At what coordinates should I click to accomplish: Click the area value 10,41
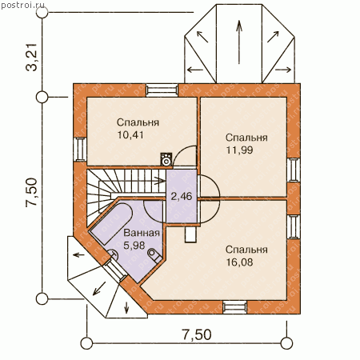(x=130, y=135)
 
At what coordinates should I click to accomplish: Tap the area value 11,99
(x=239, y=150)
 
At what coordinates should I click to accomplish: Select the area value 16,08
(x=239, y=262)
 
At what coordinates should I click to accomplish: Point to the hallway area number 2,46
(x=182, y=197)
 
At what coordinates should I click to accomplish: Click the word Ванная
(x=142, y=233)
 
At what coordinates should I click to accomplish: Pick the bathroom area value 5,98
(x=134, y=246)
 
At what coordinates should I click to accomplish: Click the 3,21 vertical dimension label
(x=32, y=57)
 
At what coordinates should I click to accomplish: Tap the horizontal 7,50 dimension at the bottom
(x=197, y=334)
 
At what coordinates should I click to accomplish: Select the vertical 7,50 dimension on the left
(x=32, y=192)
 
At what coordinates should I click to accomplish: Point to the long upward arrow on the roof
(x=239, y=42)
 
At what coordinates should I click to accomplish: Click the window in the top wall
(x=162, y=90)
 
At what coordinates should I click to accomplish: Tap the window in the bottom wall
(x=234, y=306)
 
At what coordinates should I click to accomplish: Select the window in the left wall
(x=80, y=150)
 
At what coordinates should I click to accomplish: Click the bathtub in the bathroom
(x=111, y=223)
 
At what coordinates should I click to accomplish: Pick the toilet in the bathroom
(x=154, y=255)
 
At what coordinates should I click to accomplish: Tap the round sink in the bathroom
(x=113, y=254)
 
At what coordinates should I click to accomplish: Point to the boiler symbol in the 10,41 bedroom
(x=166, y=159)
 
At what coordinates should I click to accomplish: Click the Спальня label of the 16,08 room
(x=246, y=250)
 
